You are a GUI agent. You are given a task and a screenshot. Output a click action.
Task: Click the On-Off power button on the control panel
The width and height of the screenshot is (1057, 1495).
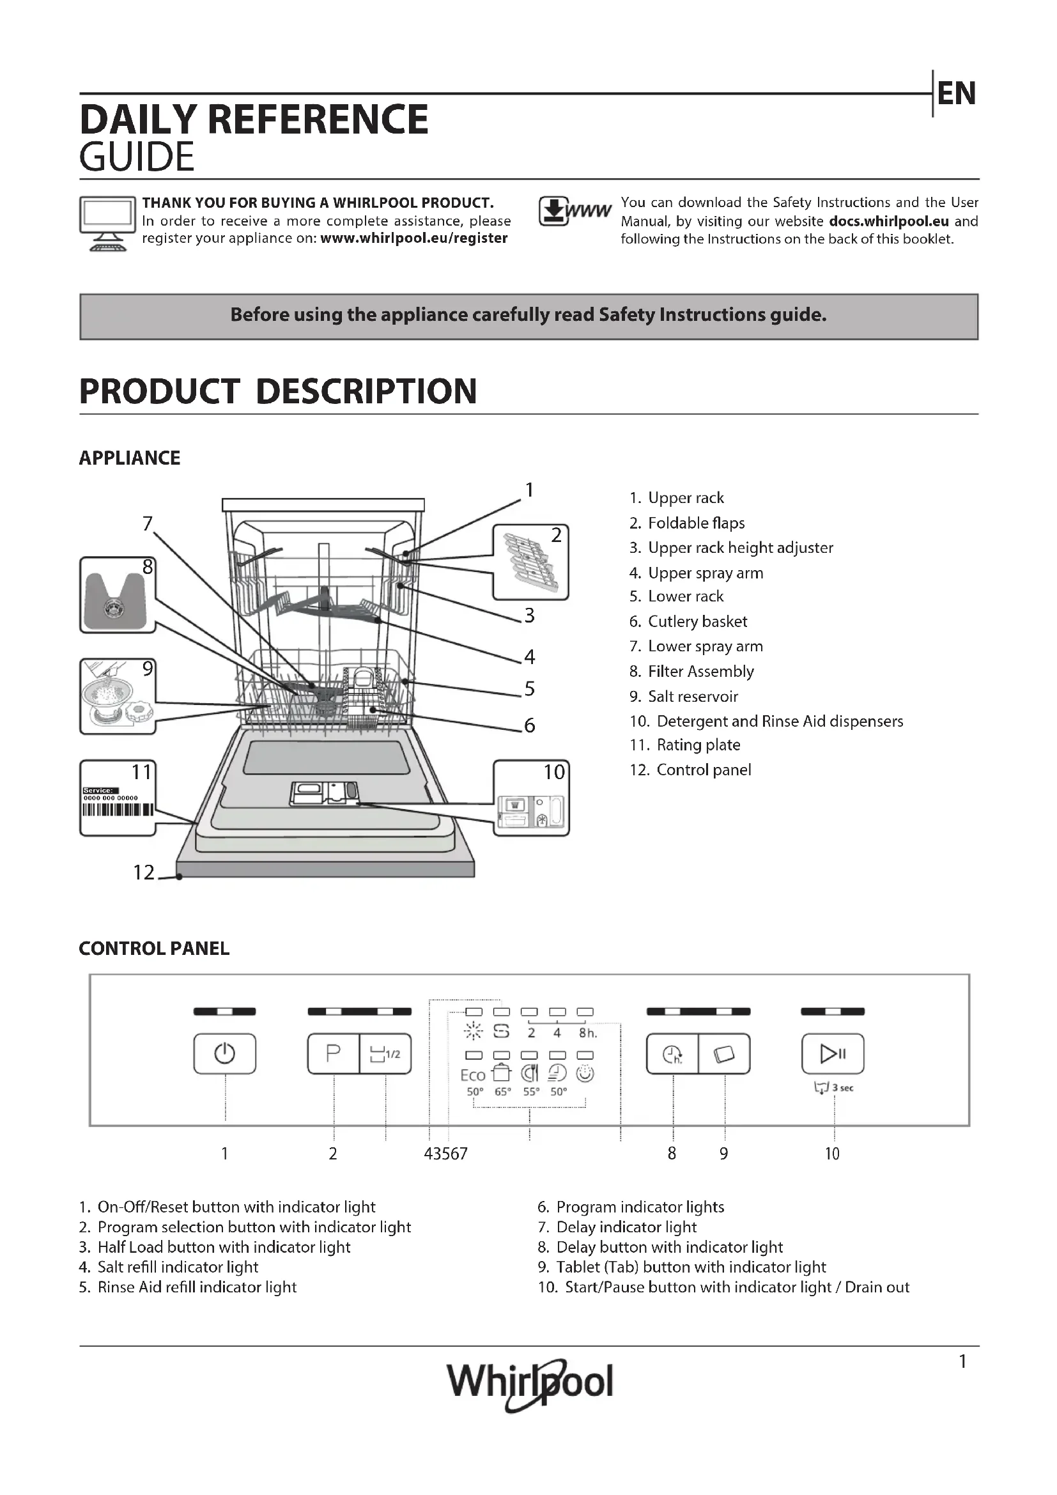coord(224,1053)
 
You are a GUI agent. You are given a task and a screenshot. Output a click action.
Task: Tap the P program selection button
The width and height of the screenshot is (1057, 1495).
coord(333,1053)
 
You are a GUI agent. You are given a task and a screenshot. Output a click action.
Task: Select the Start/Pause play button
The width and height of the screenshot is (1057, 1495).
coord(833,1053)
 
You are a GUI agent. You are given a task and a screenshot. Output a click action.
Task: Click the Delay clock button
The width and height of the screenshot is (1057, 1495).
coord(672,1053)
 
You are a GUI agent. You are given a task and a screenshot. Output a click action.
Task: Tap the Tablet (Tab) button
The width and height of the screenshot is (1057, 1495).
coord(724,1053)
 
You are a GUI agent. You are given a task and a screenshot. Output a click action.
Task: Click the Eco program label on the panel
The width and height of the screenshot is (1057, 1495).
coord(472,1075)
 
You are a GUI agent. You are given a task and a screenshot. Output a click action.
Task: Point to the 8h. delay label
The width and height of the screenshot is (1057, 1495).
coord(587,1033)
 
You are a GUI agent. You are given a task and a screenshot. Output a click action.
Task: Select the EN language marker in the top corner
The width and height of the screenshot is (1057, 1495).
coord(956,94)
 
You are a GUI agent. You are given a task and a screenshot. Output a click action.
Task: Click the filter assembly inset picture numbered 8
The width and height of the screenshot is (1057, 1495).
coord(117,594)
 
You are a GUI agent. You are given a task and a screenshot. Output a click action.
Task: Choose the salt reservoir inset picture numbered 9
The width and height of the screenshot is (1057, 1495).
coord(117,696)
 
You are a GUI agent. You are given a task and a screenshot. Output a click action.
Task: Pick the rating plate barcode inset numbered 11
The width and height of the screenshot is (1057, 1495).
coord(117,798)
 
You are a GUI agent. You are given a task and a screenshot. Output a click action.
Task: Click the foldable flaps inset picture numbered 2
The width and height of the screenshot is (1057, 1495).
coord(530,562)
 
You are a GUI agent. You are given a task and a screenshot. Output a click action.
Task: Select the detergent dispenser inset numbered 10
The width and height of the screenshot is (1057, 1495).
coord(531,798)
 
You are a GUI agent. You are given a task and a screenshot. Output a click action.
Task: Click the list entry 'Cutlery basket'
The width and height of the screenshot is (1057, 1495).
coord(697,621)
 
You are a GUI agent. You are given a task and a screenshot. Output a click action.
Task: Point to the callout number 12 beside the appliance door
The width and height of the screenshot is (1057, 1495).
coord(144,872)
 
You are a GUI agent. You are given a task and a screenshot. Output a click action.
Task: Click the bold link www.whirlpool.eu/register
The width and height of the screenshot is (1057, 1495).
coord(414,238)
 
